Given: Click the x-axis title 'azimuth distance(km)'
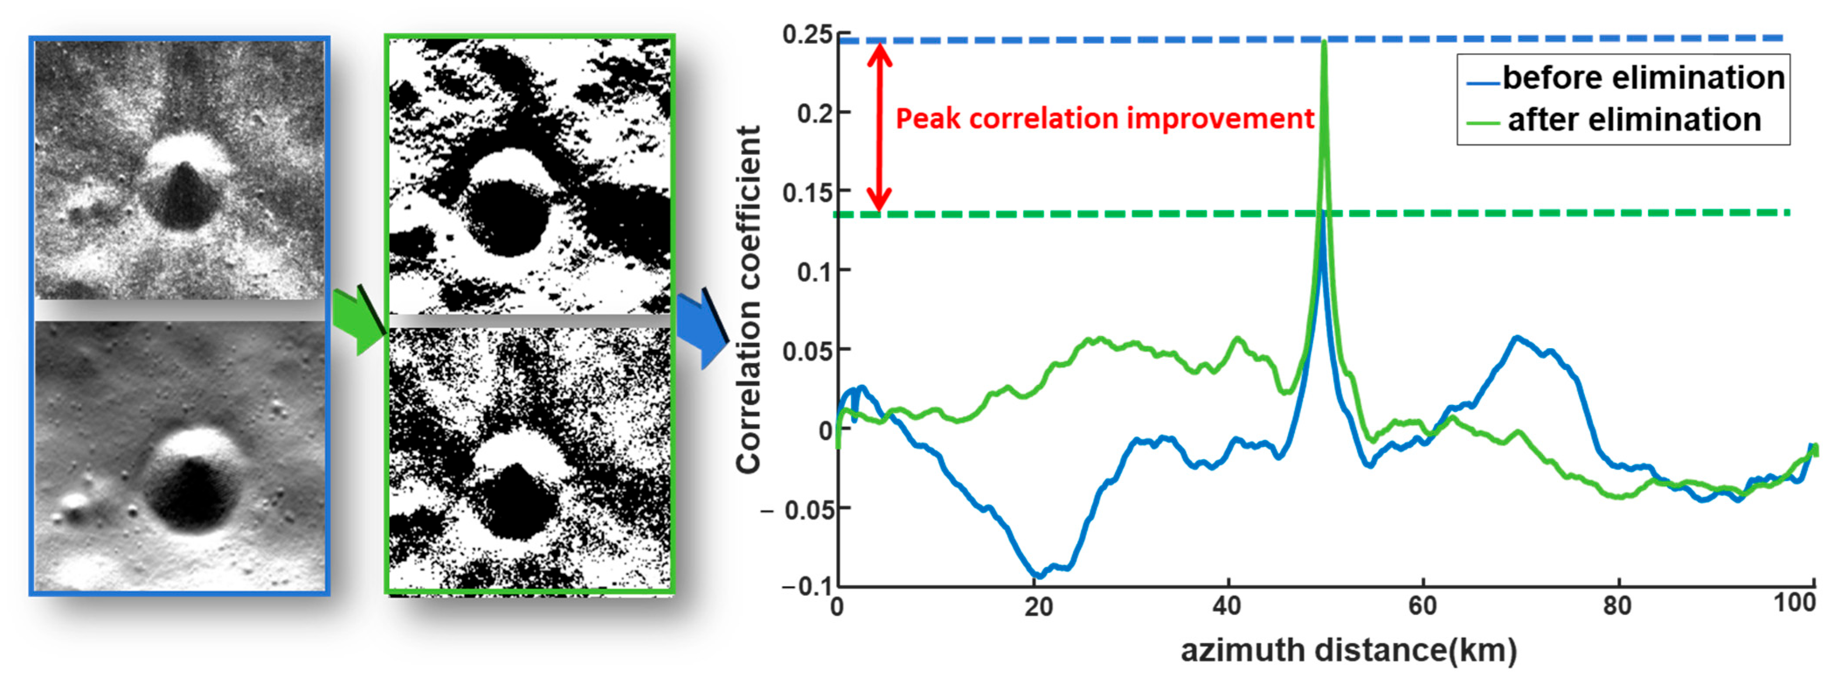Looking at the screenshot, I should tap(1348, 650).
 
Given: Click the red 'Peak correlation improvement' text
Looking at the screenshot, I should tap(1104, 118).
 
